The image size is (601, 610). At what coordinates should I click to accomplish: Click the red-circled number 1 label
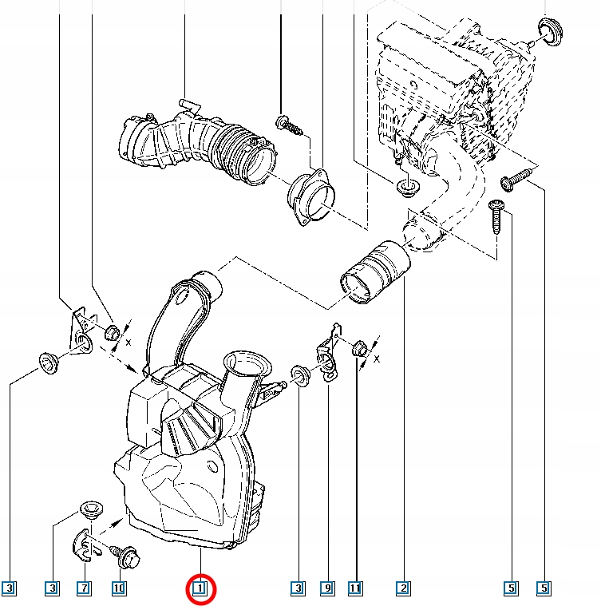(x=200, y=589)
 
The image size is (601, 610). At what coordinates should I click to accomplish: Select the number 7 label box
(x=85, y=589)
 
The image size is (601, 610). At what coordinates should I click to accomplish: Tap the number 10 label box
(x=119, y=589)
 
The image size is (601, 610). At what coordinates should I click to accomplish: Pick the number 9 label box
(x=326, y=589)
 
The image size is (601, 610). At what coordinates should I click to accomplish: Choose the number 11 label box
(x=355, y=589)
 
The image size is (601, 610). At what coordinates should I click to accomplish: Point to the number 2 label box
(x=404, y=589)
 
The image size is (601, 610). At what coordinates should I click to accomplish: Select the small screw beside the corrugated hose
(x=287, y=124)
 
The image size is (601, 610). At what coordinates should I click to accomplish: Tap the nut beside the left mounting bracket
(x=113, y=332)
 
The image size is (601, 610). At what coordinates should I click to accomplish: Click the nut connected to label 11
(x=358, y=348)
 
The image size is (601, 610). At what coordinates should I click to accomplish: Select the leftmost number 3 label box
(x=9, y=589)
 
